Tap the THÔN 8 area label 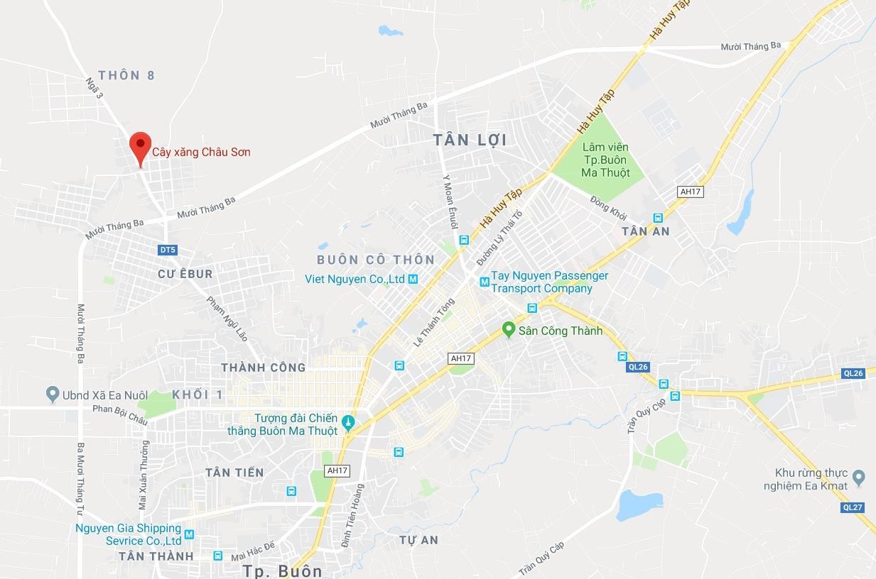126,75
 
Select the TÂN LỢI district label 470,140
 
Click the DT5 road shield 167,250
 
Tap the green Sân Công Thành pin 508,330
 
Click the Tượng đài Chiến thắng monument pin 347,424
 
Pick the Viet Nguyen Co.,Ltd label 355,279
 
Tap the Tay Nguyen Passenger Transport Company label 549,282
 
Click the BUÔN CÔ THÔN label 375,259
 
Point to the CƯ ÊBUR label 185,273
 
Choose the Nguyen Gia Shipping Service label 128,534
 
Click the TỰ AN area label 418,540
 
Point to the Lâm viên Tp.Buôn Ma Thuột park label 605,160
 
